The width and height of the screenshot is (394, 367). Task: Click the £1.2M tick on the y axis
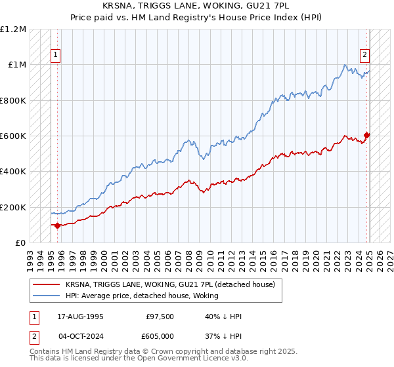[x=13, y=29]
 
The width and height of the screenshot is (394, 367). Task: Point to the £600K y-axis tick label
[x=13, y=136]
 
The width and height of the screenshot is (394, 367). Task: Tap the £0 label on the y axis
[x=20, y=243]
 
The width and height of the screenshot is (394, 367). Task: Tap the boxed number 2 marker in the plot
[x=364, y=56]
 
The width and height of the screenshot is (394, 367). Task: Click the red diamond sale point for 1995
[x=57, y=225]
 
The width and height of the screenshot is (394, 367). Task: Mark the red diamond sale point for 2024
[x=366, y=136]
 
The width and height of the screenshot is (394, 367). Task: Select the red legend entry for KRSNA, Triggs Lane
[x=174, y=284]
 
